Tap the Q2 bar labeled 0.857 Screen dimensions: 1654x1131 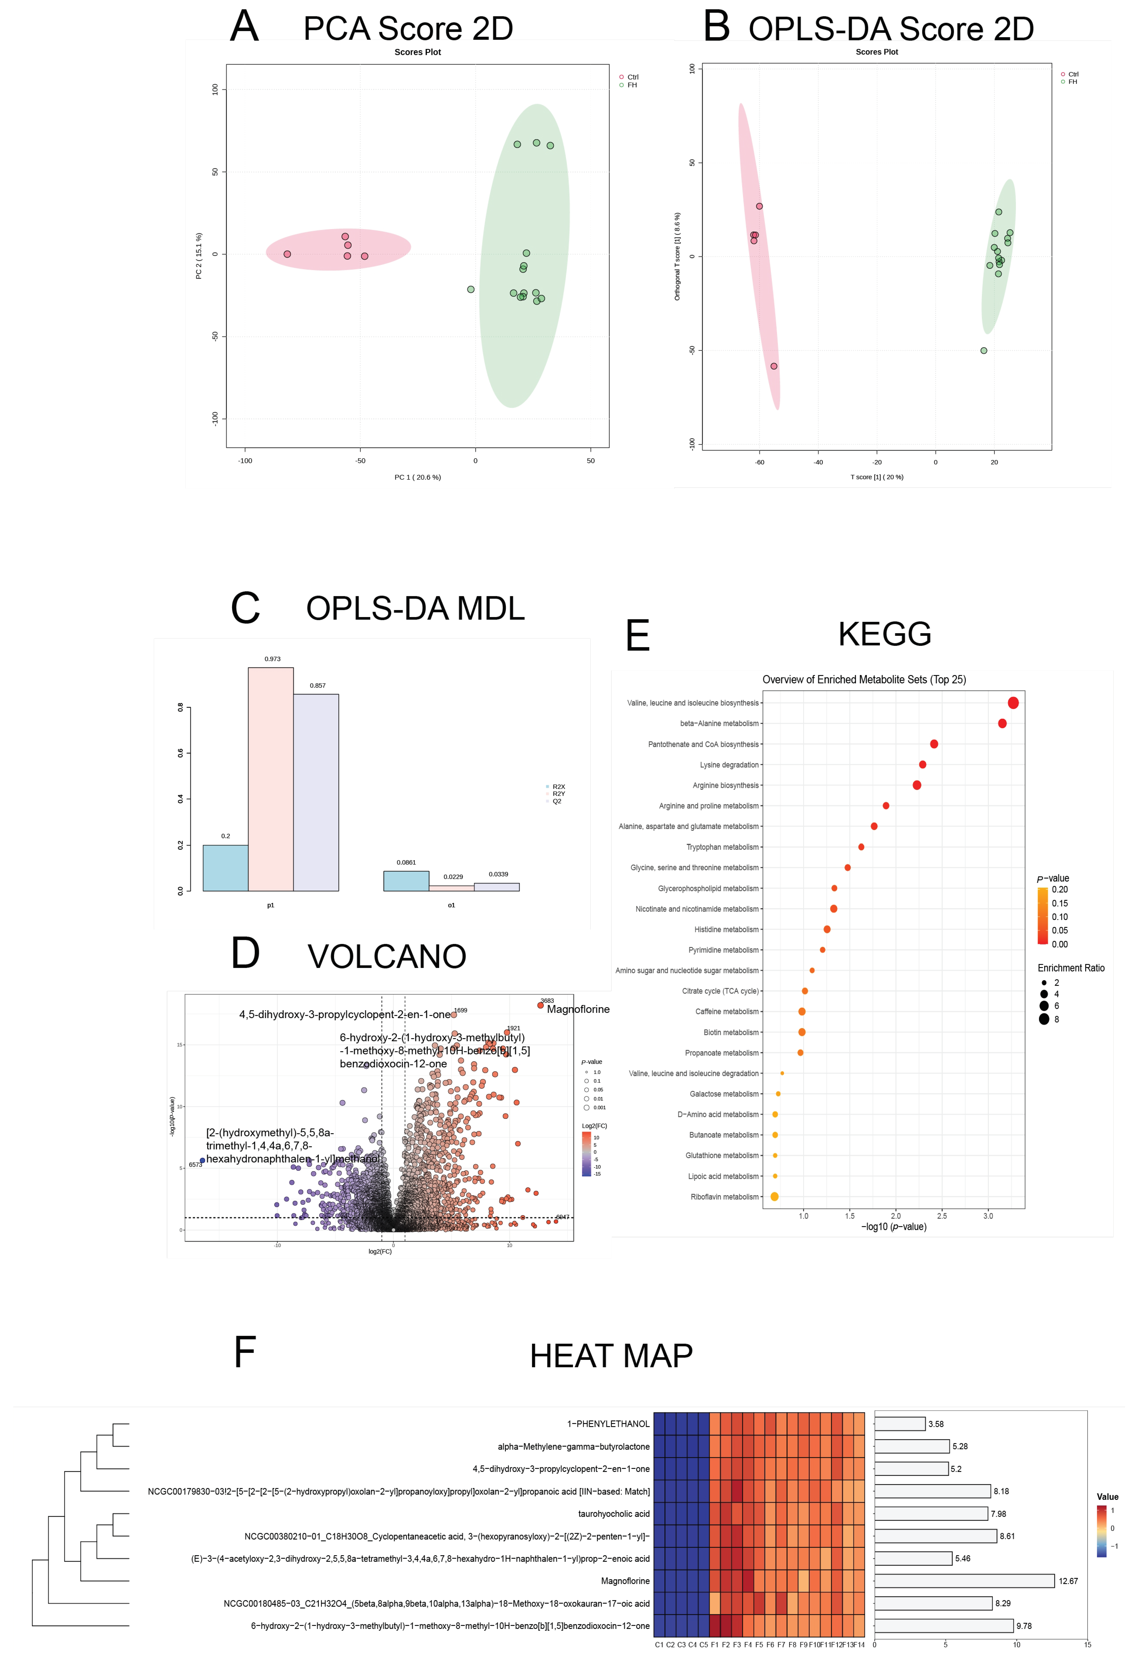coord(316,792)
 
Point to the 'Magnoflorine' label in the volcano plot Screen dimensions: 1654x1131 coord(578,1009)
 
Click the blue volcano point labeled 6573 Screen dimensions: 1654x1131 coord(202,1160)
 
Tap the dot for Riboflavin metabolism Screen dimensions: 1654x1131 coord(775,1196)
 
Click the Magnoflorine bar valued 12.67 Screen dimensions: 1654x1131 coord(964,1581)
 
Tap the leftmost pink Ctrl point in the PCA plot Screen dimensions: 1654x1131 coord(287,254)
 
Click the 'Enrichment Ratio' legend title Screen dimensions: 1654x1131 coord(1070,968)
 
